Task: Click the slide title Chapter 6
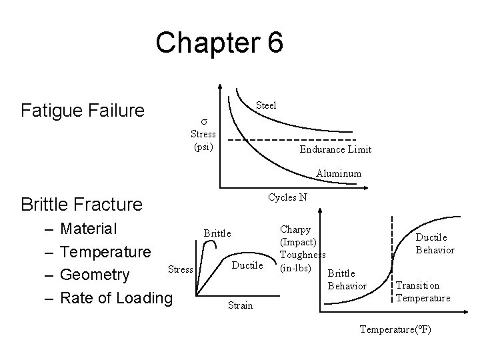point(219,43)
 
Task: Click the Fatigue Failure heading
point(83,109)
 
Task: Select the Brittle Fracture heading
point(81,203)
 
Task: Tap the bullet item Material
point(88,229)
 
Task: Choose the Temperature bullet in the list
point(105,252)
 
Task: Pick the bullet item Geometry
point(94,275)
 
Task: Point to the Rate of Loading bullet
point(115,297)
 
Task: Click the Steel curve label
point(266,105)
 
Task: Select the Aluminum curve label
point(339,173)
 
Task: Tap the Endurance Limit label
point(335,149)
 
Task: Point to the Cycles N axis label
point(287,197)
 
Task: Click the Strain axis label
point(239,305)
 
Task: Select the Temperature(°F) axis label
point(395,329)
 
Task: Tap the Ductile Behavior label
point(435,243)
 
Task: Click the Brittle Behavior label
point(348,279)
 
